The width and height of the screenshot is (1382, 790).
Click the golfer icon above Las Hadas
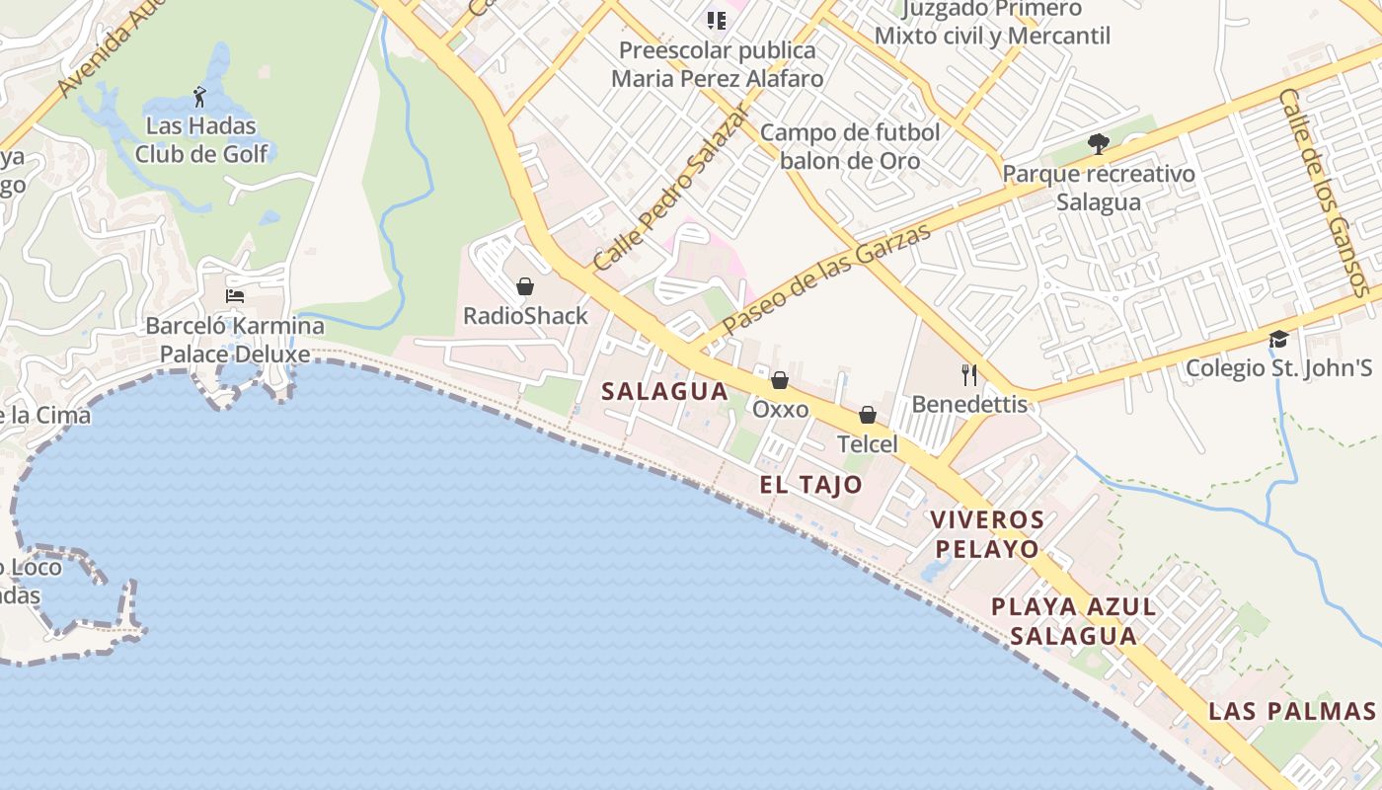[x=200, y=97]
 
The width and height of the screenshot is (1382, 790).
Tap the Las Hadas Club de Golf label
[x=201, y=140]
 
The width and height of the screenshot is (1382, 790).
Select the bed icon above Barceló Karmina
[x=235, y=295]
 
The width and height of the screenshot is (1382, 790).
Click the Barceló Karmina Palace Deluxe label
[x=235, y=340]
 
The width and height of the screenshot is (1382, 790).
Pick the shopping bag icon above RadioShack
[x=525, y=286]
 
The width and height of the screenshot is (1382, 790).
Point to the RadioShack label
[x=525, y=316]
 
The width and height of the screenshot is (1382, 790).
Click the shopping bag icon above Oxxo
[x=780, y=380]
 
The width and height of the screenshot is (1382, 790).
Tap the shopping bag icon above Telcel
[x=868, y=415]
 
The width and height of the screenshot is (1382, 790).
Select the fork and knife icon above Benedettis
[x=969, y=374]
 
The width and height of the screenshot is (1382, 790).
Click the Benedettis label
[x=969, y=404]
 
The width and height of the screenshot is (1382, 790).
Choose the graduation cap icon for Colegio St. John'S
[x=1278, y=339]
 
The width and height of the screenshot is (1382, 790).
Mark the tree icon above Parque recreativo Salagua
[x=1098, y=144]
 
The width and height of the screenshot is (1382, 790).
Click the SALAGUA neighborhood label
[x=665, y=391]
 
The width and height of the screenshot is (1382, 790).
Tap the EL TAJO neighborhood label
[x=810, y=485]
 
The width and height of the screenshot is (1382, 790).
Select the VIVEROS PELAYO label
[x=987, y=534]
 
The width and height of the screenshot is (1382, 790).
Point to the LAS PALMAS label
[x=1292, y=711]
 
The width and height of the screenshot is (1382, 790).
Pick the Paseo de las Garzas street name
[x=826, y=278]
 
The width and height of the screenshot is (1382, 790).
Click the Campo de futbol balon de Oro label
[x=850, y=146]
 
